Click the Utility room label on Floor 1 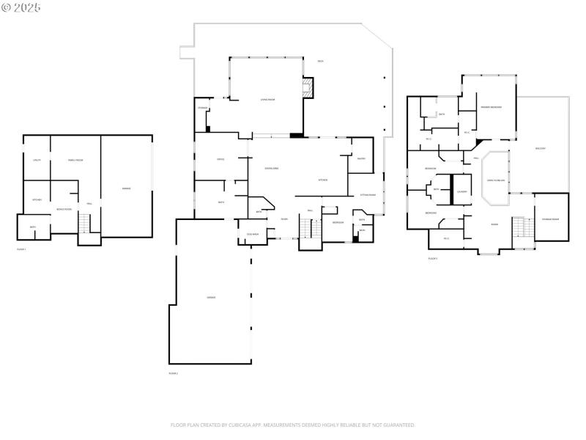click(37, 160)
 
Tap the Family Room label click(75, 160)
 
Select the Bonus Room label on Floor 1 click(64, 210)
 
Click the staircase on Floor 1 click(85, 223)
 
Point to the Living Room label click(267, 100)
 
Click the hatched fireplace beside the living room click(308, 89)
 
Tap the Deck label click(321, 61)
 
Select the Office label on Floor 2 click(220, 159)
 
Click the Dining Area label click(271, 168)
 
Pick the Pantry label click(361, 159)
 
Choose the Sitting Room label click(368, 195)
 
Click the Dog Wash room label click(244, 235)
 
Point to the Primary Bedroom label click(491, 107)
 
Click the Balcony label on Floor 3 click(541, 148)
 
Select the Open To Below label click(496, 180)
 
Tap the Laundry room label click(461, 191)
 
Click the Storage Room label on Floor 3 click(550, 219)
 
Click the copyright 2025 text click(21, 7)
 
